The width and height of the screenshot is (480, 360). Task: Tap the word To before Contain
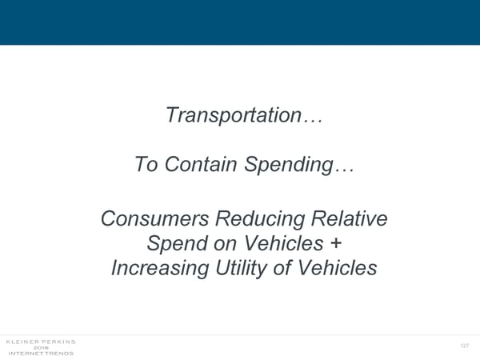pyautogui.click(x=146, y=164)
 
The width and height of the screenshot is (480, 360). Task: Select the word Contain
pyautogui.click(x=201, y=164)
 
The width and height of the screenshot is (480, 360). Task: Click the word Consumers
pyautogui.click(x=155, y=218)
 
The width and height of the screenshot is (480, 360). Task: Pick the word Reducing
pyautogui.click(x=260, y=220)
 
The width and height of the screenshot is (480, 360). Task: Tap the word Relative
pyautogui.click(x=350, y=218)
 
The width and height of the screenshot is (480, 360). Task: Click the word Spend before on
pyautogui.click(x=177, y=244)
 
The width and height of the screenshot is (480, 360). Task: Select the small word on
pyautogui.click(x=225, y=245)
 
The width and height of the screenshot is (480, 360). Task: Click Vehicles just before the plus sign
pyautogui.click(x=283, y=243)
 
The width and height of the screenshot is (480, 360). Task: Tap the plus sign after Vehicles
pyautogui.click(x=336, y=243)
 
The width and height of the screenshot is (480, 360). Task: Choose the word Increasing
pyautogui.click(x=160, y=269)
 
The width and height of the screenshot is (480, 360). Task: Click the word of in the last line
pyautogui.click(x=282, y=267)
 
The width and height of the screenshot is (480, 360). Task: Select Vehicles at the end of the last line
pyautogui.click(x=337, y=267)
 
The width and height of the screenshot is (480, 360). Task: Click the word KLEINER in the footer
pyautogui.click(x=22, y=342)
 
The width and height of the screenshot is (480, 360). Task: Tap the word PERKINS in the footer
pyautogui.click(x=58, y=342)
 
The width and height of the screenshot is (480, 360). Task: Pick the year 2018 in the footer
pyautogui.click(x=41, y=348)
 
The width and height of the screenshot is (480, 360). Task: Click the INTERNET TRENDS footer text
pyautogui.click(x=41, y=354)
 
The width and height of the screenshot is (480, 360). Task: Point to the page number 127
pyautogui.click(x=464, y=346)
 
